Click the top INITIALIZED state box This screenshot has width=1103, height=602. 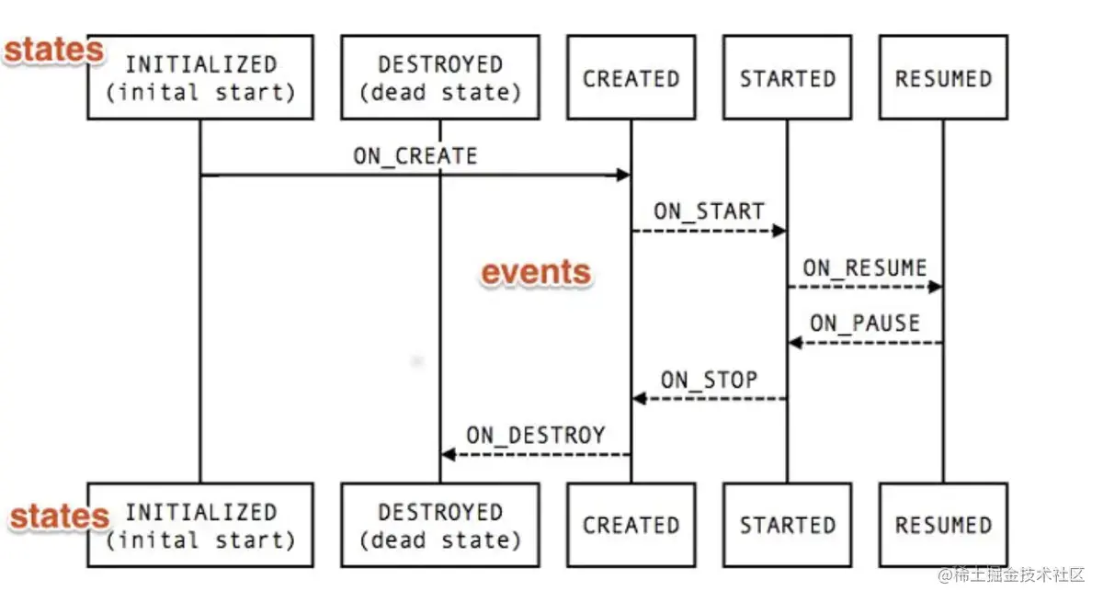pos(200,77)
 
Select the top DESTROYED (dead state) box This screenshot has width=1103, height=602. pos(439,77)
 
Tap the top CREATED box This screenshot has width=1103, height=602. pos(631,77)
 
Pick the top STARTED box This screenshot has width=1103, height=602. pos(787,77)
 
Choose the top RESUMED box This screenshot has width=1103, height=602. pos(943,77)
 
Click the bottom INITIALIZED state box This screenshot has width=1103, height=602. pos(200,525)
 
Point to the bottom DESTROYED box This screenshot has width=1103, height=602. pos(439,525)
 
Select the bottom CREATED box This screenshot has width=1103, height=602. pos(631,525)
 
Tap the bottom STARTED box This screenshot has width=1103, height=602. pos(787,525)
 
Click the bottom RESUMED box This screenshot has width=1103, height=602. pos(943,525)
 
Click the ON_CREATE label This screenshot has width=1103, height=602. pos(415,155)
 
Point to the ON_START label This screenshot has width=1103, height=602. pos(709,211)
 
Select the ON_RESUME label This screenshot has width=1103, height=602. pos(864,267)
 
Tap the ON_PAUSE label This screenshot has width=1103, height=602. pos(864,324)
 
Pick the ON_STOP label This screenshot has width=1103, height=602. pos(709,380)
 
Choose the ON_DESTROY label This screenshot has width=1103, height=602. pos(535,435)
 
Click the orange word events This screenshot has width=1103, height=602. pos(537,272)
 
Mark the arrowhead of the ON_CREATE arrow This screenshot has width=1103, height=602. pos(624,175)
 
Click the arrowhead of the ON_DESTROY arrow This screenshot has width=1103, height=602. pos(448,454)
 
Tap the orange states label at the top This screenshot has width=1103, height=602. pos(53,51)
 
